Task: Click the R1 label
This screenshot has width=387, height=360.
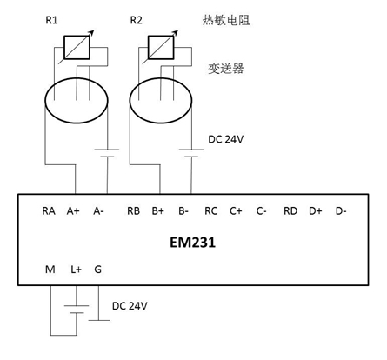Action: click(51, 20)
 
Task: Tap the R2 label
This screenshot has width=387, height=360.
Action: click(136, 20)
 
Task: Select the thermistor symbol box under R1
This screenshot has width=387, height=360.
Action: click(77, 47)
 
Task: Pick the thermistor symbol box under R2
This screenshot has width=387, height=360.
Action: click(161, 47)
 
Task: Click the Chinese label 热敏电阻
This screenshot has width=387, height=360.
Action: click(226, 20)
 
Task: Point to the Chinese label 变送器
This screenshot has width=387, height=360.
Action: click(226, 69)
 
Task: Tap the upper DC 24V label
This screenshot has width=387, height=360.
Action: click(225, 139)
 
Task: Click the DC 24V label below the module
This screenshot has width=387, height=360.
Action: click(130, 306)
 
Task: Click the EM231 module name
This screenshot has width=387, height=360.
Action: click(192, 243)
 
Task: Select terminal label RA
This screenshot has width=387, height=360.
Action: click(49, 211)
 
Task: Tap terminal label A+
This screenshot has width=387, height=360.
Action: click(73, 211)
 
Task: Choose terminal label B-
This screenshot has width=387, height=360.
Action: click(183, 211)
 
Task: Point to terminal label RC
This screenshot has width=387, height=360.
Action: click(211, 211)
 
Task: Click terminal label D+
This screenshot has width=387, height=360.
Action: click(316, 211)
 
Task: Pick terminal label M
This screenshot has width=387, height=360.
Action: click(50, 270)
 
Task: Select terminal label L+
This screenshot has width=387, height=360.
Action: click(76, 270)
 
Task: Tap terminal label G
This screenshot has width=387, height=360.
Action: click(98, 270)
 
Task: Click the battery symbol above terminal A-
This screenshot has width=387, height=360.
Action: click(107, 153)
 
